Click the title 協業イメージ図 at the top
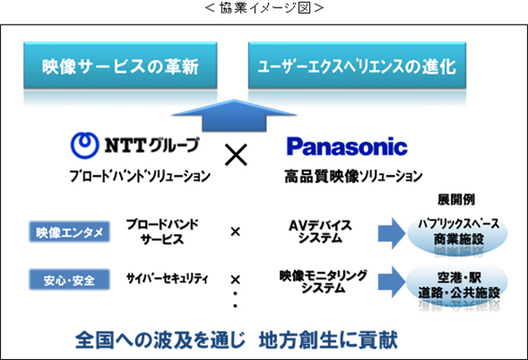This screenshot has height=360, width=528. point(264,8)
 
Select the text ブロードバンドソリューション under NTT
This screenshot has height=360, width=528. point(139,177)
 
